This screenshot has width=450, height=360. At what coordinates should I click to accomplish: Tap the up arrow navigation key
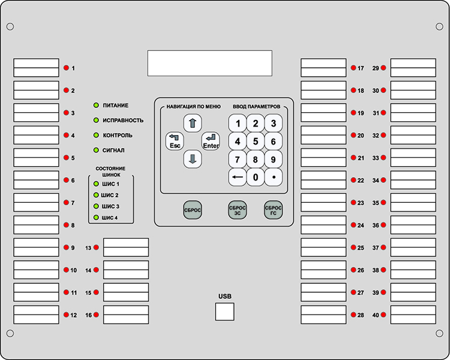point(193,123)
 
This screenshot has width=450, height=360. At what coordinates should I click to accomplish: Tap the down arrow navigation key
point(193,159)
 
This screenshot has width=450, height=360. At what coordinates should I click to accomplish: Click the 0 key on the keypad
point(256,177)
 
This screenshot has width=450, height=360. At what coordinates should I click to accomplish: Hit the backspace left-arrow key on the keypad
point(238,177)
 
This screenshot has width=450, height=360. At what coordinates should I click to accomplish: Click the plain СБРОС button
point(192,210)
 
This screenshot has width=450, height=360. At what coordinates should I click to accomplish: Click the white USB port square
point(225,311)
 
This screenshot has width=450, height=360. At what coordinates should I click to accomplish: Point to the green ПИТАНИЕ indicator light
point(96,106)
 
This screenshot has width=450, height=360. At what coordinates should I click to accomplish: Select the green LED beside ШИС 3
point(96,206)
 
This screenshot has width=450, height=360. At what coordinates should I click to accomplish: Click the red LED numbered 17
point(353,68)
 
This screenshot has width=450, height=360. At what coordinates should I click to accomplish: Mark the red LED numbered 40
point(383,314)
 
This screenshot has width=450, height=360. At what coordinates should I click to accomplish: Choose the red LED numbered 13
point(96,247)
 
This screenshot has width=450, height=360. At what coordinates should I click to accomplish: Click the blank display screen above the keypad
point(210,63)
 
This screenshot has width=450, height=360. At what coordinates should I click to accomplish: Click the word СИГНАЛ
point(113,150)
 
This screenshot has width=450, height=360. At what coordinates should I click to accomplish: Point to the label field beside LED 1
point(36,68)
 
